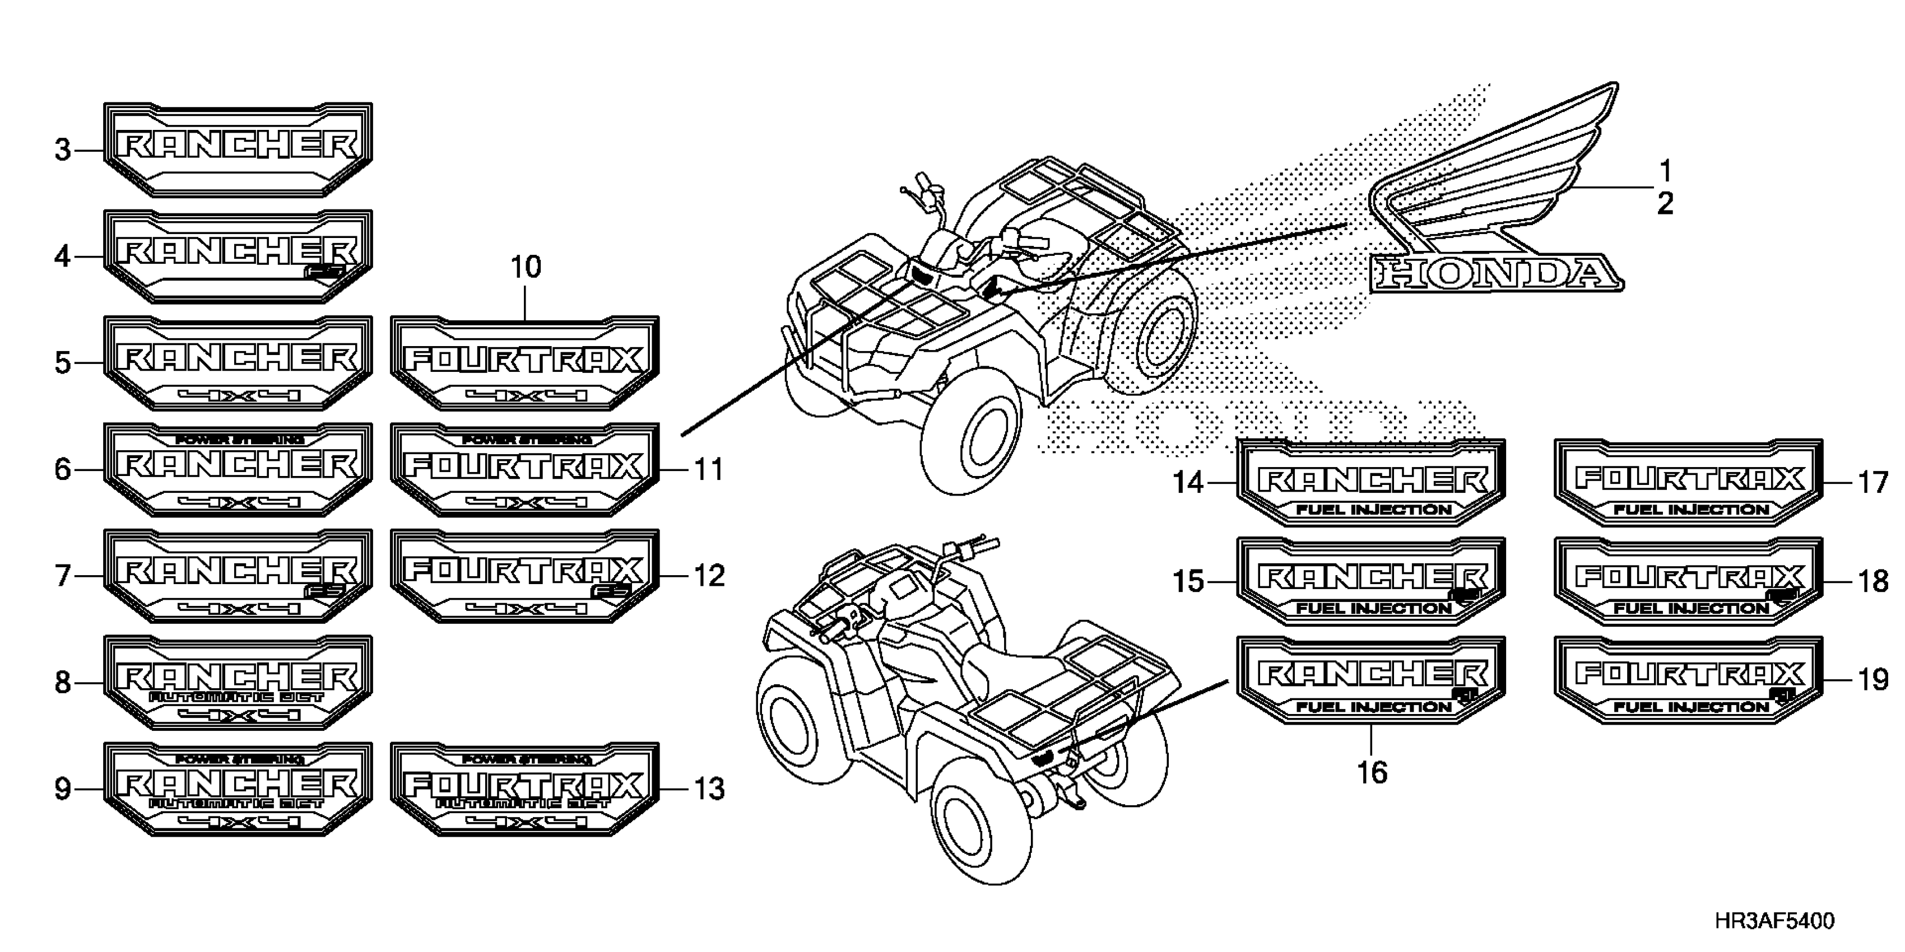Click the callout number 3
(x=63, y=151)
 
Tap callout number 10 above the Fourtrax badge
(x=526, y=267)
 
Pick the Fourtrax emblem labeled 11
(x=524, y=469)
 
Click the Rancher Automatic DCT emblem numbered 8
(x=238, y=682)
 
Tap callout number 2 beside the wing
(x=1665, y=203)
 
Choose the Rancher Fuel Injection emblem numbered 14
(x=1372, y=483)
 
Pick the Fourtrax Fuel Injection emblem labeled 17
(x=1689, y=483)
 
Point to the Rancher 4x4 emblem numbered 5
(x=238, y=362)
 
